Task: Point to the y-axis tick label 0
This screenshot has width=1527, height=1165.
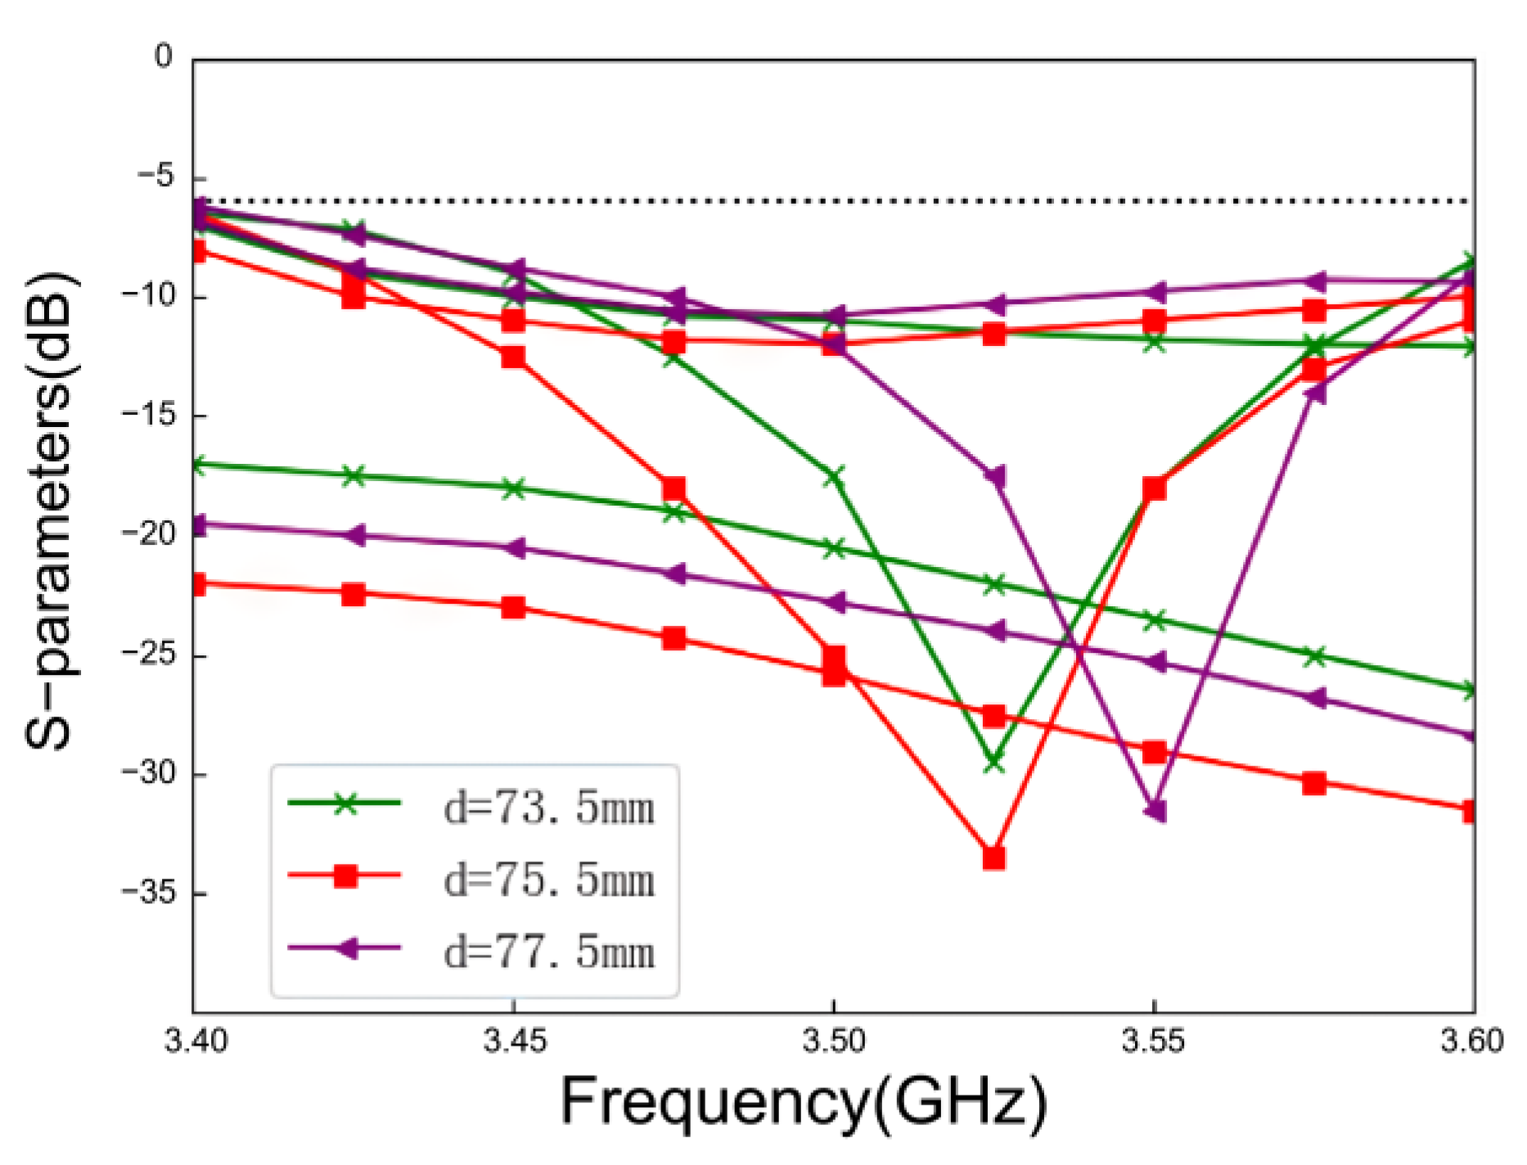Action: (164, 57)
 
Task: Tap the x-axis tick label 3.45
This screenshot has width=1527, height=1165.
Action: (513, 1041)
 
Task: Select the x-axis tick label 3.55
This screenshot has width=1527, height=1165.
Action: (1153, 1041)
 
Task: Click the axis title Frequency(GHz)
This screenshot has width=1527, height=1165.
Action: (804, 1102)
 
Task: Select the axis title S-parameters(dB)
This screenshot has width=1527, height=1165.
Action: (51, 511)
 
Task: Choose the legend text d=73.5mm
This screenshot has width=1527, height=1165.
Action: (549, 808)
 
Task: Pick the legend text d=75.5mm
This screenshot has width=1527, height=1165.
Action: (549, 880)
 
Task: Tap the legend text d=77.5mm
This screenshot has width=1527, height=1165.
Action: (549, 952)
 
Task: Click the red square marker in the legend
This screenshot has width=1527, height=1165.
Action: (345, 876)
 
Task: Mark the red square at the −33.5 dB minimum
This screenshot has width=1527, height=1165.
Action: (993, 857)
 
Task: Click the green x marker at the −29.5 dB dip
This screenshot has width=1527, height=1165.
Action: (993, 762)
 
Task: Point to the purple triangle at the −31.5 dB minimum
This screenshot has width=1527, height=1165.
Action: (1155, 811)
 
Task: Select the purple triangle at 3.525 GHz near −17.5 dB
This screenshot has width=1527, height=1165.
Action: (994, 476)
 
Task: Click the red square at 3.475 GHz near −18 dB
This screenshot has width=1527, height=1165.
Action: (673, 488)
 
